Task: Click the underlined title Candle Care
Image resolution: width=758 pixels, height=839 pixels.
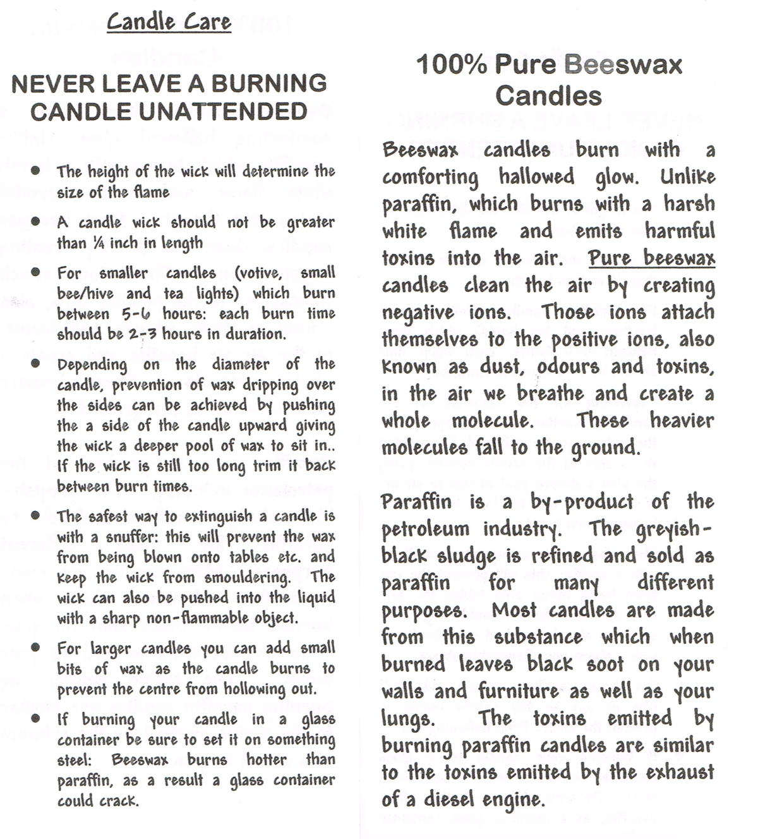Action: tap(169, 21)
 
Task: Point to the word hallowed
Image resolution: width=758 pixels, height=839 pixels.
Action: tap(536, 176)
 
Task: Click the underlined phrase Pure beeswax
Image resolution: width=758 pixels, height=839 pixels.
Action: tap(651, 258)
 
